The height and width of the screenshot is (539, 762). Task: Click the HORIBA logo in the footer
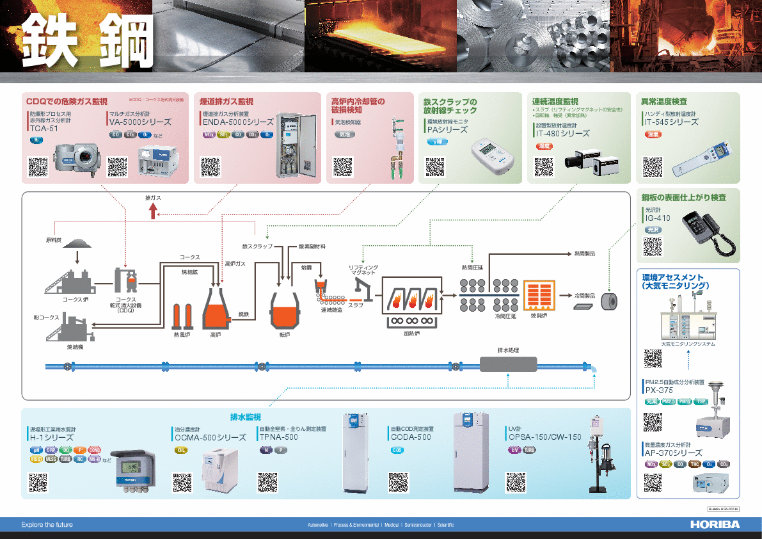(715, 524)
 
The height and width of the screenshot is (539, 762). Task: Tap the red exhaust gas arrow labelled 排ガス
(153, 211)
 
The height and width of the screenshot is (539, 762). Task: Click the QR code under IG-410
(652, 246)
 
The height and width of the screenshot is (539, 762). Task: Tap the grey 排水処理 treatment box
(508, 364)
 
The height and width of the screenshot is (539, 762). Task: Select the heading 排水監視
(246, 417)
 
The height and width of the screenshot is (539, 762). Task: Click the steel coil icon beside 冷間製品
(611, 301)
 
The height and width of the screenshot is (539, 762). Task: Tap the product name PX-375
(659, 390)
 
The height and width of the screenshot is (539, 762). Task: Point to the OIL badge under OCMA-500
(181, 450)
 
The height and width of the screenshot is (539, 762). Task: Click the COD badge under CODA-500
(397, 450)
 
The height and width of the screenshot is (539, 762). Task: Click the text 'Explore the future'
(47, 525)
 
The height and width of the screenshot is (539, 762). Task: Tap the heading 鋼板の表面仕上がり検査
(684, 198)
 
